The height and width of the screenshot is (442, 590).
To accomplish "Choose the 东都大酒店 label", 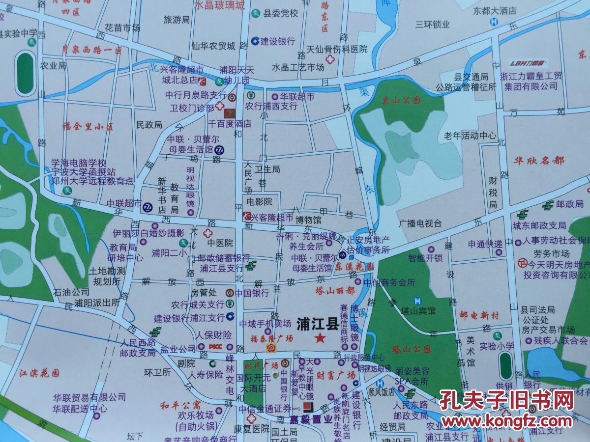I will click(x=495, y=10).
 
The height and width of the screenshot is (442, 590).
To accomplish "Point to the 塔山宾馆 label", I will click(x=418, y=311).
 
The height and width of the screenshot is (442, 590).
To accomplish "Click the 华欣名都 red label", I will click(x=540, y=161).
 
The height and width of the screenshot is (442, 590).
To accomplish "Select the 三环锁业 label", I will click(x=433, y=24).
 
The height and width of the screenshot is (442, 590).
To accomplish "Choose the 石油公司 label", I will click(x=71, y=292).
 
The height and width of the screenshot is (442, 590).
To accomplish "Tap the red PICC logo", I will click(x=216, y=347).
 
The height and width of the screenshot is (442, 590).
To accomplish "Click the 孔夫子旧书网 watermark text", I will click(x=506, y=400).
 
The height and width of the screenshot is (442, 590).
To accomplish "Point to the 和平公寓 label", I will click(x=180, y=405).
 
